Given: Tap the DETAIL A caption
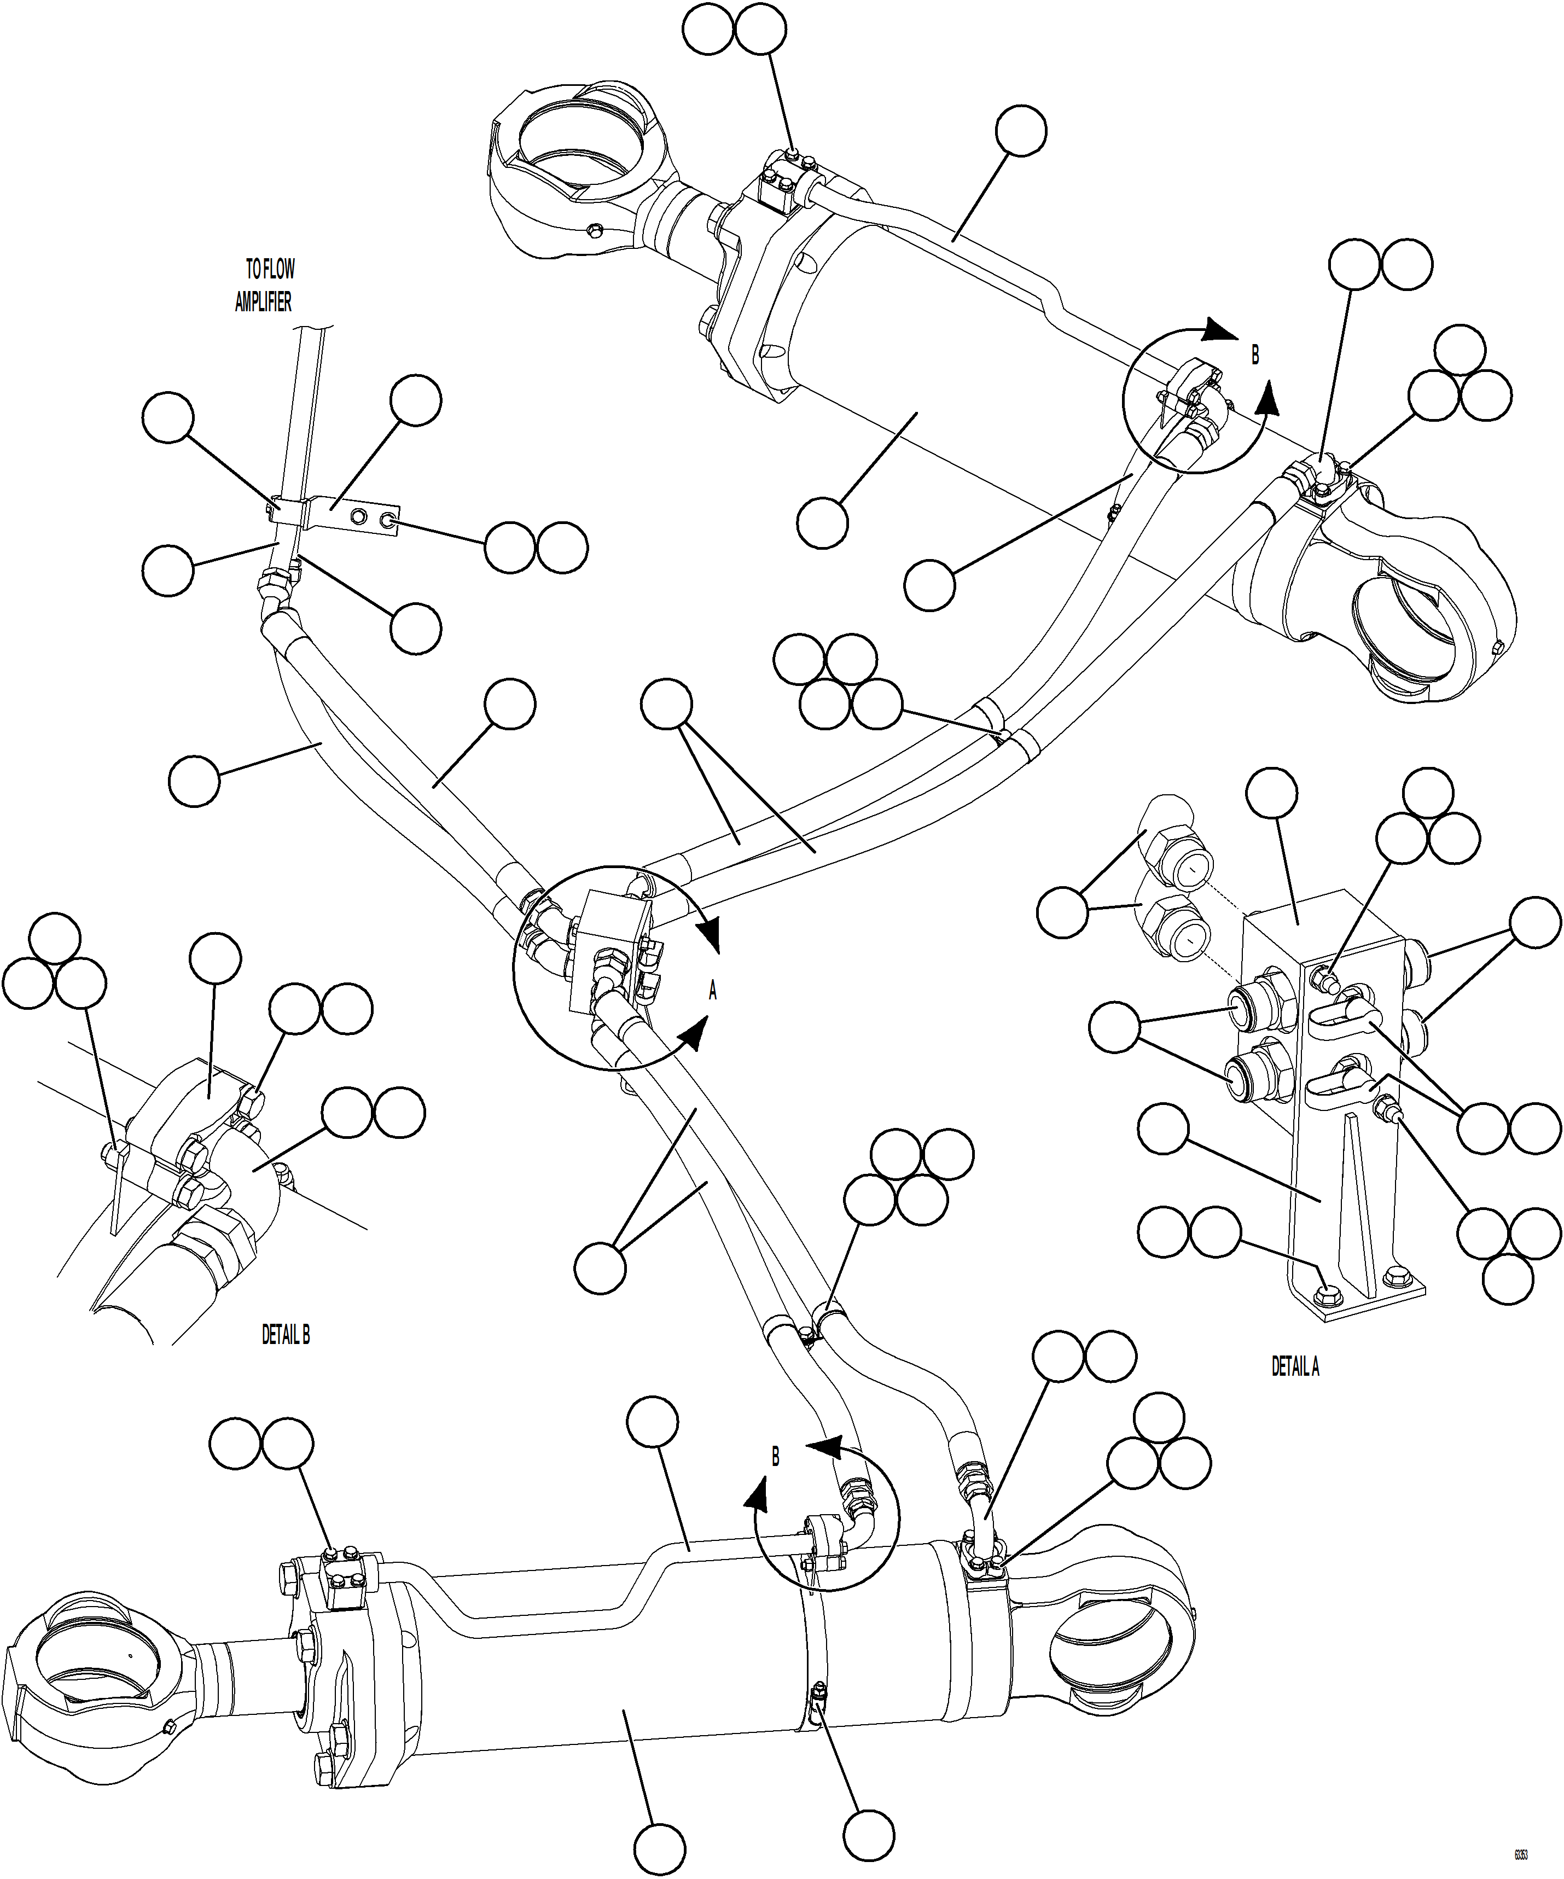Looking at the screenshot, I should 1295,1367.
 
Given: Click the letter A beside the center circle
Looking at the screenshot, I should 713,991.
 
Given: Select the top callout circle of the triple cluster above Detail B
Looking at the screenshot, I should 55,938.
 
